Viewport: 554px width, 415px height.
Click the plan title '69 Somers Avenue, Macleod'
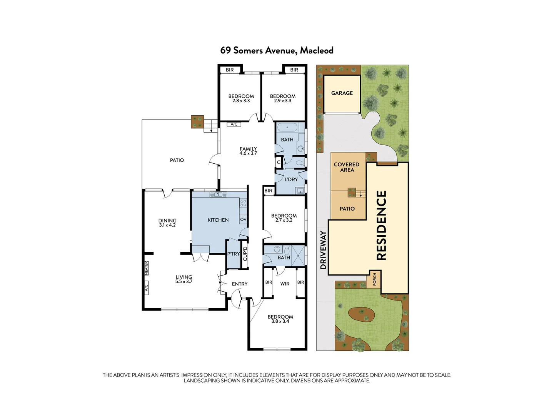pos(277,51)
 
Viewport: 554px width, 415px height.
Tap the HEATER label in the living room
pos(147,268)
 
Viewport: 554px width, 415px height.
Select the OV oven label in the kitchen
pos(243,219)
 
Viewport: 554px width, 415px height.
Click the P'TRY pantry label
pos(234,254)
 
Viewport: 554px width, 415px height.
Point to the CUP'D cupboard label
pos(245,254)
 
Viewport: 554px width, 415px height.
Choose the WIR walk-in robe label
pos(285,284)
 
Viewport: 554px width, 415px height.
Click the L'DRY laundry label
pos(291,179)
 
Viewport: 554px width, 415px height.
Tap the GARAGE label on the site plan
pos(342,93)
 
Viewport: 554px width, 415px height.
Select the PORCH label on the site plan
pos(374,279)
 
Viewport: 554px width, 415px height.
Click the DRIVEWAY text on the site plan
pos(323,250)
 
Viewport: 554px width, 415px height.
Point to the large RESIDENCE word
pos(381,225)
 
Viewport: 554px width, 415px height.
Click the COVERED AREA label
pos(347,167)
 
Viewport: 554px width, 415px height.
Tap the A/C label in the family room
pos(234,124)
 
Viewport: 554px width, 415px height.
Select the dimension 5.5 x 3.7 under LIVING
pos(184,281)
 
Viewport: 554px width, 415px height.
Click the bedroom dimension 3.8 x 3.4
pos(280,321)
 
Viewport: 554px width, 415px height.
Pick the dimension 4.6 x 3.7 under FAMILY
pos(248,153)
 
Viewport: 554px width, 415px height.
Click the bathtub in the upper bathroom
pos(287,127)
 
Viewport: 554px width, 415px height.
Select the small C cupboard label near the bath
pos(279,162)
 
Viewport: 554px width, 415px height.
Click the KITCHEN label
pos(218,220)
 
